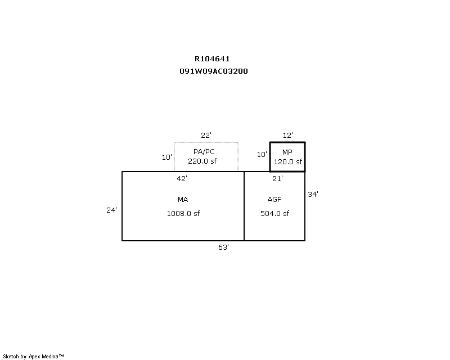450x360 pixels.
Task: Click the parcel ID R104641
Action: click(x=212, y=59)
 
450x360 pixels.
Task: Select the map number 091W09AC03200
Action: click(x=214, y=71)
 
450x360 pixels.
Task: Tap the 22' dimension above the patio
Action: click(x=206, y=135)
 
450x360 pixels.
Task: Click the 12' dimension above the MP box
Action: click(x=288, y=135)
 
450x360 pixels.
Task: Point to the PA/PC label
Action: click(x=204, y=151)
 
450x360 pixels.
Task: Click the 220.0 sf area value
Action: click(x=202, y=161)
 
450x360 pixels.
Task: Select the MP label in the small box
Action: click(x=287, y=152)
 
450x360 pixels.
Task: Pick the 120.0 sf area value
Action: click(x=288, y=161)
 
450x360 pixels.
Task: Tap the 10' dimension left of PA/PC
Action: click(x=167, y=157)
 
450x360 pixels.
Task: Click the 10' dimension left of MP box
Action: click(x=262, y=155)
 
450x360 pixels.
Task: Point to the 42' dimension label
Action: click(x=182, y=178)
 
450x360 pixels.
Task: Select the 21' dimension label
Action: click(x=277, y=178)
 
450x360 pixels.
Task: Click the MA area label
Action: click(x=183, y=199)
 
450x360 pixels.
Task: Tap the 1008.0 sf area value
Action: click(x=183, y=213)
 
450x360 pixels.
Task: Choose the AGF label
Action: click(x=274, y=199)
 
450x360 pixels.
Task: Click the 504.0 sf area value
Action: click(x=274, y=213)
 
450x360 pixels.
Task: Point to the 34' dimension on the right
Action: click(x=313, y=195)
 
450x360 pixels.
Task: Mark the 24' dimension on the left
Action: click(x=111, y=210)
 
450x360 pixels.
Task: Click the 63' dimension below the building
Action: click(x=223, y=247)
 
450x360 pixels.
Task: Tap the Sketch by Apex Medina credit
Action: click(x=33, y=357)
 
